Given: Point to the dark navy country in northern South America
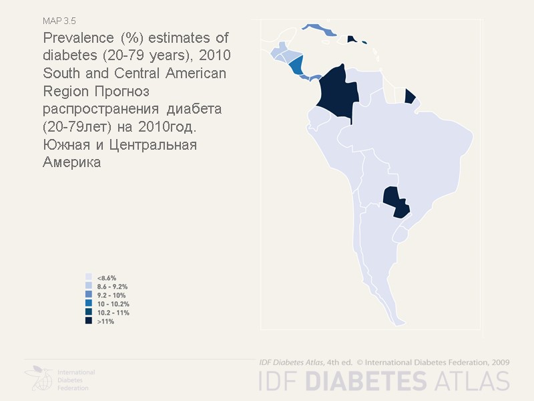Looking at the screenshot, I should click(337, 94).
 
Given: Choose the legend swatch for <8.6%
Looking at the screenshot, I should click(88, 277).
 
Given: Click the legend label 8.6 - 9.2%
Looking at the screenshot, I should click(112, 286).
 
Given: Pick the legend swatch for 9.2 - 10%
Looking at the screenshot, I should click(88, 295).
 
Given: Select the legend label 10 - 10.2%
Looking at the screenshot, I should click(113, 303).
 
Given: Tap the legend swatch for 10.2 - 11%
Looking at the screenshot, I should click(88, 312).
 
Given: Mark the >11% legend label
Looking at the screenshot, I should click(105, 321).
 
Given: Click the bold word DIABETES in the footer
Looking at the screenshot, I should click(366, 380).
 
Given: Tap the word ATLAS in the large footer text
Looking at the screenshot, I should click(470, 380).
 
